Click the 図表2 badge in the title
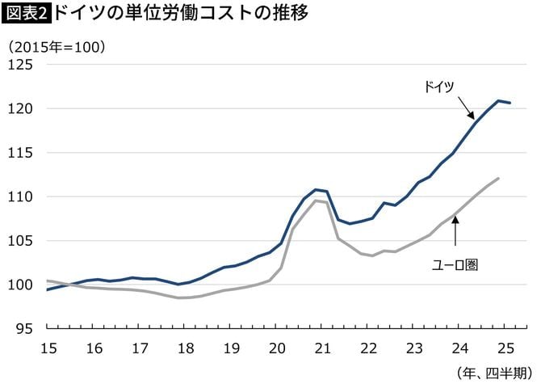click(27, 14)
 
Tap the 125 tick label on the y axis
click(20, 65)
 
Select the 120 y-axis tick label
click(20, 108)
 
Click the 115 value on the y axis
click(20, 153)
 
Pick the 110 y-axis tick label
click(20, 196)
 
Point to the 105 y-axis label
click(20, 241)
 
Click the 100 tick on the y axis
click(20, 285)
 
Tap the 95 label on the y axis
click(24, 329)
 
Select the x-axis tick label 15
click(48, 348)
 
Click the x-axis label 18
click(186, 348)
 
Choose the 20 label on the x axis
click(278, 348)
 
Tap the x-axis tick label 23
click(415, 348)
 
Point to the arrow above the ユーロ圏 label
click(455, 232)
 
